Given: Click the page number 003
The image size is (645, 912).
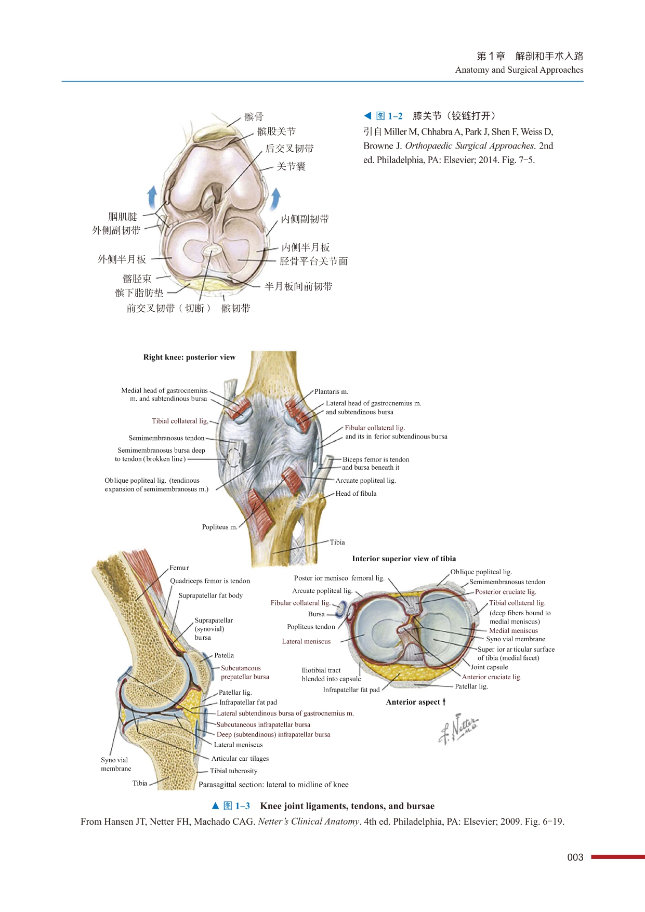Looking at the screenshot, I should (575, 857).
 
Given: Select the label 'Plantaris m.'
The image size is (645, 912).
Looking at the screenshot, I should (331, 391).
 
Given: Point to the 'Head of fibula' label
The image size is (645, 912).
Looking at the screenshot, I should (356, 493).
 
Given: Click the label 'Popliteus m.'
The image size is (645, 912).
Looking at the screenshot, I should (219, 527).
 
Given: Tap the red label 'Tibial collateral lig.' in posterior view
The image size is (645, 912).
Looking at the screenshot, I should (180, 421).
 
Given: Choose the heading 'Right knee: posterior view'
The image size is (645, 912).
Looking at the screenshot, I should (189, 357).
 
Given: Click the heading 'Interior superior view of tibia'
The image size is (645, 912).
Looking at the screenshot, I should (404, 559).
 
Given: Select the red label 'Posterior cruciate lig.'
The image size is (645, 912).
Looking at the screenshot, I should (505, 591).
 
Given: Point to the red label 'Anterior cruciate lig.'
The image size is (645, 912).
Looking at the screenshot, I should (491, 677).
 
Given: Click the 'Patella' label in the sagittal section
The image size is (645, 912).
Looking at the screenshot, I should (224, 655).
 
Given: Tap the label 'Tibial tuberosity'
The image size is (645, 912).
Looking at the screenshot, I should (233, 771).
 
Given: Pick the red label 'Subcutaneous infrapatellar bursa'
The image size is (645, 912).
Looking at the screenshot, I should (263, 724).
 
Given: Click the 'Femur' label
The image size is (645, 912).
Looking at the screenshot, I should (179, 567).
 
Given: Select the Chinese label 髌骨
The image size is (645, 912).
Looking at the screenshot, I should (254, 117).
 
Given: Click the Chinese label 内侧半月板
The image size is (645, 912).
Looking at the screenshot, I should (306, 247).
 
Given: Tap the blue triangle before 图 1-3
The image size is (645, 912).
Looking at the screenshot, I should (216, 806).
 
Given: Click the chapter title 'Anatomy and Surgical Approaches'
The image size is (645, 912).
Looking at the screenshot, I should (519, 70).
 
